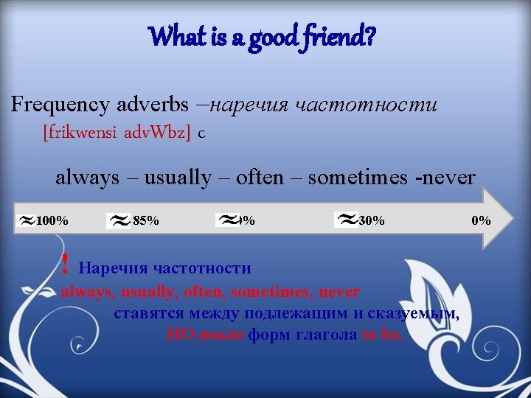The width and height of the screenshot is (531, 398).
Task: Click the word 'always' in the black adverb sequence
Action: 87,178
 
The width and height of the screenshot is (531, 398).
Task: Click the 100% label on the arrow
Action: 52,220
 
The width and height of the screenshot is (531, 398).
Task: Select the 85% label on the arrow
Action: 145,220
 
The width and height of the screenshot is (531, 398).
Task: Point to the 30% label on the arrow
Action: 371,220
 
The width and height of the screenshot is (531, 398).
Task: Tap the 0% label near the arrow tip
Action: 481,220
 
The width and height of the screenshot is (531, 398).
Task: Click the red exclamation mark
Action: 66,263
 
